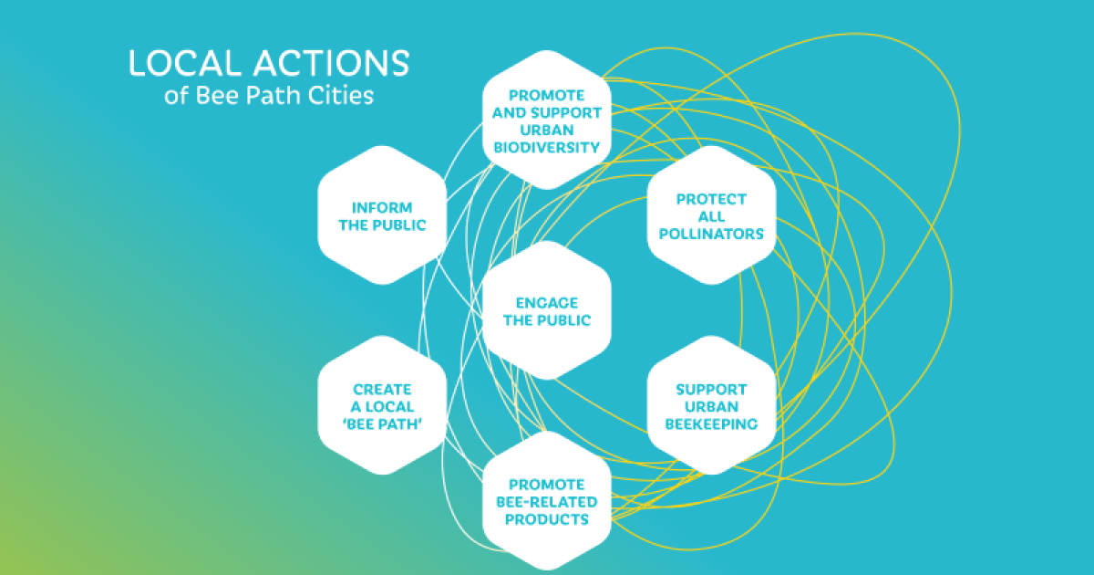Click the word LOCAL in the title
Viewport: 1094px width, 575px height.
[185, 63]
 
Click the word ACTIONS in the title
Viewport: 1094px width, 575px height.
[332, 63]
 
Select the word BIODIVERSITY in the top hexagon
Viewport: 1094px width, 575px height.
[547, 147]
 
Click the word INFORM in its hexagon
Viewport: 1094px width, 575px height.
[382, 208]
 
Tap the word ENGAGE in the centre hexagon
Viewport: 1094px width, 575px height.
[547, 303]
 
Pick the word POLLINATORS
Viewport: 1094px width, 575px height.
[711, 234]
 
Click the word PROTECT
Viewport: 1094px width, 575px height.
[711, 199]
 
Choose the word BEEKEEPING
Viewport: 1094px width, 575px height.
[711, 423]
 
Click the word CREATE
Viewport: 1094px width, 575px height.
[382, 389]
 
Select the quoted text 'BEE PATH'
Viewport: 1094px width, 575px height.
[382, 423]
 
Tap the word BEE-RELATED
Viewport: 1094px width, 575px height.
[547, 502]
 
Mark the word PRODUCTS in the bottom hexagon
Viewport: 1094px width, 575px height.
[547, 519]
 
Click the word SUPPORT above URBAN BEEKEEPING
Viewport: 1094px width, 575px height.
[711, 389]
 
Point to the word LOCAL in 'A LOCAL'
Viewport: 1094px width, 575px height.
[389, 407]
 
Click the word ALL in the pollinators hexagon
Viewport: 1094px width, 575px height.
[711, 216]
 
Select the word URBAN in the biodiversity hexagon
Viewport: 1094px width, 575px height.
[547, 130]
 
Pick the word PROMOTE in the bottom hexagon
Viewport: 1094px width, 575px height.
[547, 485]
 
